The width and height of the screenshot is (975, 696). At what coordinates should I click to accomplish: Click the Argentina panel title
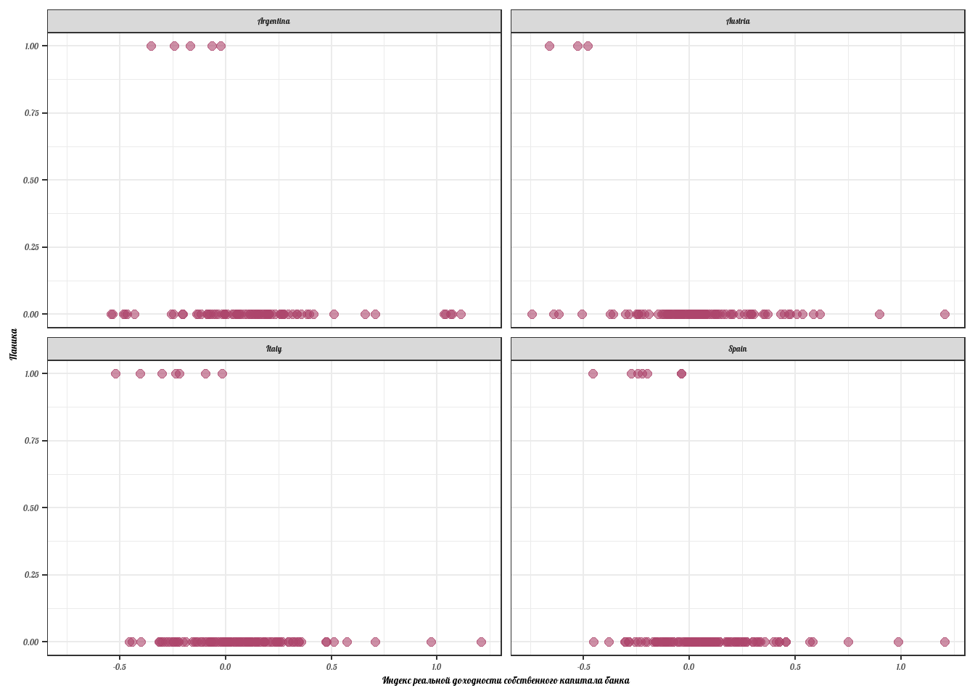[273, 21]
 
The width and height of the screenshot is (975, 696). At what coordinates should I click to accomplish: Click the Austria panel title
[738, 21]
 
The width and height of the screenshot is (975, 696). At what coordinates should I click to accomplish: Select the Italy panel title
[273, 349]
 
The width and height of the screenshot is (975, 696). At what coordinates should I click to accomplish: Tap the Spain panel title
[738, 349]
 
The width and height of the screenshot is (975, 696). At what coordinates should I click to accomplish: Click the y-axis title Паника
[14, 344]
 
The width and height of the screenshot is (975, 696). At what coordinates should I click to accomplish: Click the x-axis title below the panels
[506, 681]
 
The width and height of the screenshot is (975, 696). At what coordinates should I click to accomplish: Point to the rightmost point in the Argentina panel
[461, 314]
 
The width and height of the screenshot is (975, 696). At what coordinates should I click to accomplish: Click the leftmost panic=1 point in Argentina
[151, 46]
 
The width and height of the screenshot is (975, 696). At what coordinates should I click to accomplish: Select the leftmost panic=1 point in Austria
[549, 46]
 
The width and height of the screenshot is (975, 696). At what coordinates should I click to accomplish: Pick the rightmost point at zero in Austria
[945, 314]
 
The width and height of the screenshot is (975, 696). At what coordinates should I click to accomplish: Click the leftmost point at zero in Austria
[532, 314]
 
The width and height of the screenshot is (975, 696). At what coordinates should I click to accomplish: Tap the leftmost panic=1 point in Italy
[115, 373]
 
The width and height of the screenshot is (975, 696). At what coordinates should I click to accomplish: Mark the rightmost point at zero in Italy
[481, 642]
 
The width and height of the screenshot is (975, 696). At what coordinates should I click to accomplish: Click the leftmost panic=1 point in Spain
[593, 373]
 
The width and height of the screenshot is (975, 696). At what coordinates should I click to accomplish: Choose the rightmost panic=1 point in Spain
[681, 373]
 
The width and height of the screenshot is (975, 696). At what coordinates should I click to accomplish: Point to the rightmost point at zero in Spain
[945, 642]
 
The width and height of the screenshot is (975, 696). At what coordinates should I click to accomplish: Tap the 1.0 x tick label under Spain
[901, 666]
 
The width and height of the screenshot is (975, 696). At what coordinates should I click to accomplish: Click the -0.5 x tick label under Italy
[120, 666]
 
